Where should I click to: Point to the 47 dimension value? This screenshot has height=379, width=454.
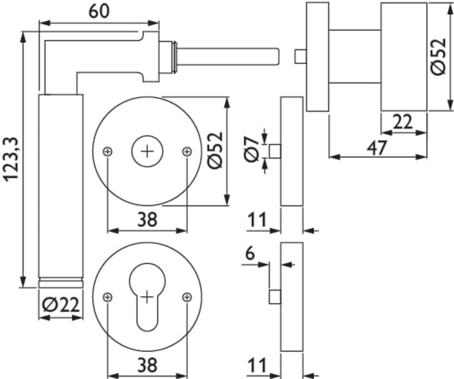pyautogui.click(x=377, y=147)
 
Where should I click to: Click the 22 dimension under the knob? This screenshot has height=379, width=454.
pyautogui.click(x=403, y=123)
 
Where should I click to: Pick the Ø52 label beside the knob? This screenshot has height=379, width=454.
pyautogui.click(x=438, y=56)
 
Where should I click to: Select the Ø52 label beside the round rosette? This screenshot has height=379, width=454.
pyautogui.click(x=216, y=150)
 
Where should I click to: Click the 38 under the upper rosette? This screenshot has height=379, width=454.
pyautogui.click(x=147, y=219)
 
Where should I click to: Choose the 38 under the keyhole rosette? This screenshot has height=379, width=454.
pyautogui.click(x=147, y=365)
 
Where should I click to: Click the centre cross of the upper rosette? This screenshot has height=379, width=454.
pyautogui.click(x=147, y=152)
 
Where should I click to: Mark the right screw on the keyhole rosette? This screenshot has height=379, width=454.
pyautogui.click(x=187, y=297)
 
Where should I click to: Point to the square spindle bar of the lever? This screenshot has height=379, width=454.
pyautogui.click(x=227, y=56)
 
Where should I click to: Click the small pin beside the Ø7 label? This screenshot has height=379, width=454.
pyautogui.click(x=274, y=152)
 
